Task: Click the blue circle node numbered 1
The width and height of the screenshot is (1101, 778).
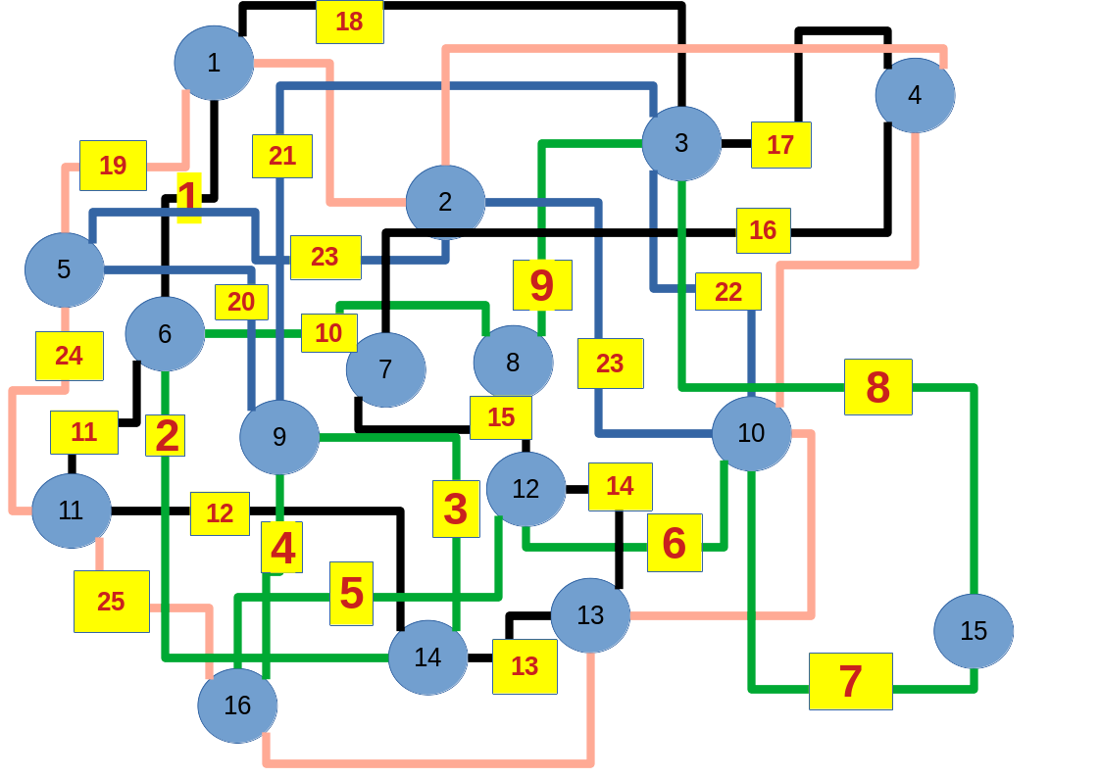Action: pos(214,63)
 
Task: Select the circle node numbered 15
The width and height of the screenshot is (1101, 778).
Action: pos(974,631)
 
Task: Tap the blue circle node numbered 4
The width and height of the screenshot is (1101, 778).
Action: pos(915,95)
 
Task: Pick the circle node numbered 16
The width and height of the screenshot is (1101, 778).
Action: pos(237,705)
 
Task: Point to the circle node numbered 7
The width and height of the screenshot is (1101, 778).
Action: pos(385,369)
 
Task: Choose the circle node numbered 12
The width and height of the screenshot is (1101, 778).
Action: pos(525,489)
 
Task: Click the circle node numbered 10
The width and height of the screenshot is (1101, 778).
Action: pos(751,433)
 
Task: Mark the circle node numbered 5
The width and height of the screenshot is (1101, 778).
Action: pos(64,269)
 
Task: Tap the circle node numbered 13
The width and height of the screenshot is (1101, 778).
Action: pos(590,615)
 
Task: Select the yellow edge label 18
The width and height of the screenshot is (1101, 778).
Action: pos(349,22)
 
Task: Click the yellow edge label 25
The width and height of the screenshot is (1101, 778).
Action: pos(111,602)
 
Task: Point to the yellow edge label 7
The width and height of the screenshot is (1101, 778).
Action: pos(850,681)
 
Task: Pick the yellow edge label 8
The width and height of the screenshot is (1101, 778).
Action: pos(877,387)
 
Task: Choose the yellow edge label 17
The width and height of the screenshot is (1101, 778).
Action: pos(780,145)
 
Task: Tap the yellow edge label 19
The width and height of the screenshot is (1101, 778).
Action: pos(113,166)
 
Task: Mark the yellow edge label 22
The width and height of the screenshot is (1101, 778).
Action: pos(727,291)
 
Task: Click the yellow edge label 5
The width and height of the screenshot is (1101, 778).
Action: pos(351,593)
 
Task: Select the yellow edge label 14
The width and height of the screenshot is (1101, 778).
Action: pos(620,487)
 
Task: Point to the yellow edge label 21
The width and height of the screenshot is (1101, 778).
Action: pos(281,156)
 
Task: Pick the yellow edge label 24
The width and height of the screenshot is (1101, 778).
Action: pos(69,356)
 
